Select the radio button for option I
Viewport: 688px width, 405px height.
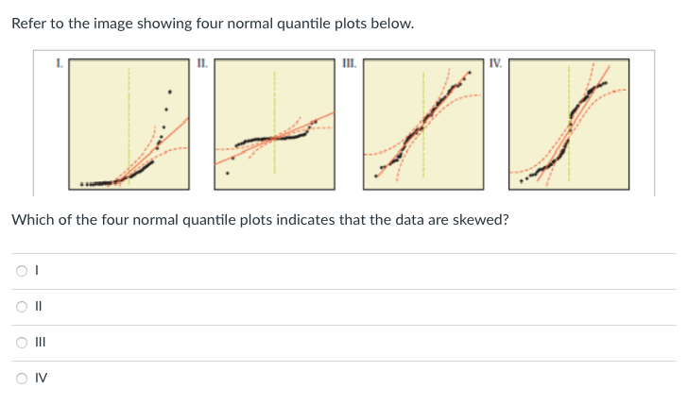(x=21, y=271)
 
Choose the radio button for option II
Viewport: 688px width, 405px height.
(x=21, y=307)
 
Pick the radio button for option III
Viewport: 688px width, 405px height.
(x=21, y=343)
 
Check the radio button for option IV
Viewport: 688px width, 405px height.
(x=21, y=379)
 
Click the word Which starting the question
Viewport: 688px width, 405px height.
(x=31, y=220)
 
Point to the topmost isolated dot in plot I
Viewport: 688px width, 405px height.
(x=170, y=92)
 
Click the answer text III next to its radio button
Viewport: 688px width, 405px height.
(x=38, y=343)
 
